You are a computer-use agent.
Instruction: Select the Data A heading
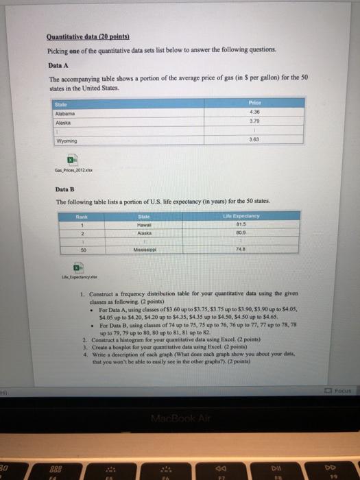56,64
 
